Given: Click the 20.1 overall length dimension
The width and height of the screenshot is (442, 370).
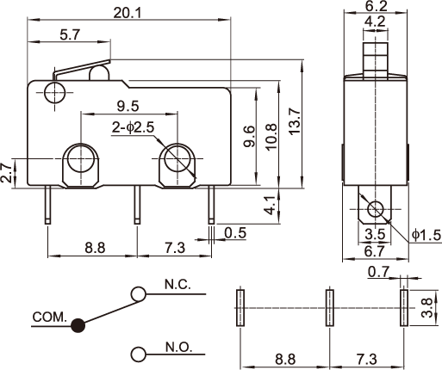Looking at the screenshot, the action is [x=128, y=13].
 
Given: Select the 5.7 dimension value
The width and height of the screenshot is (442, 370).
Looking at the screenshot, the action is [x=70, y=35].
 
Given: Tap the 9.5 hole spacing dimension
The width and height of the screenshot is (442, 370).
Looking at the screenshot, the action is [x=128, y=106].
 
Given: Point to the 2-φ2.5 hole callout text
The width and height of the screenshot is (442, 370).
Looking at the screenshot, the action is [x=133, y=127].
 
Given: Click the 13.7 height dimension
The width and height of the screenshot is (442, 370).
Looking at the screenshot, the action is [x=295, y=121].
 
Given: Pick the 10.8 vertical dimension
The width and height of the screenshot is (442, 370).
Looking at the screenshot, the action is [x=271, y=136].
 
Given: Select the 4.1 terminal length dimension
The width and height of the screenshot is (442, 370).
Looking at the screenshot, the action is [x=270, y=206].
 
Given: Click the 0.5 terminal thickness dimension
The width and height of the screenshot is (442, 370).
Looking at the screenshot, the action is [x=235, y=233].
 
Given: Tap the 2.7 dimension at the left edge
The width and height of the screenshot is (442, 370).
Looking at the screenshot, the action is [x=6, y=173].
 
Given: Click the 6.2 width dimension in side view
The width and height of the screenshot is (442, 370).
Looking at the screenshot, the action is [x=376, y=6].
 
